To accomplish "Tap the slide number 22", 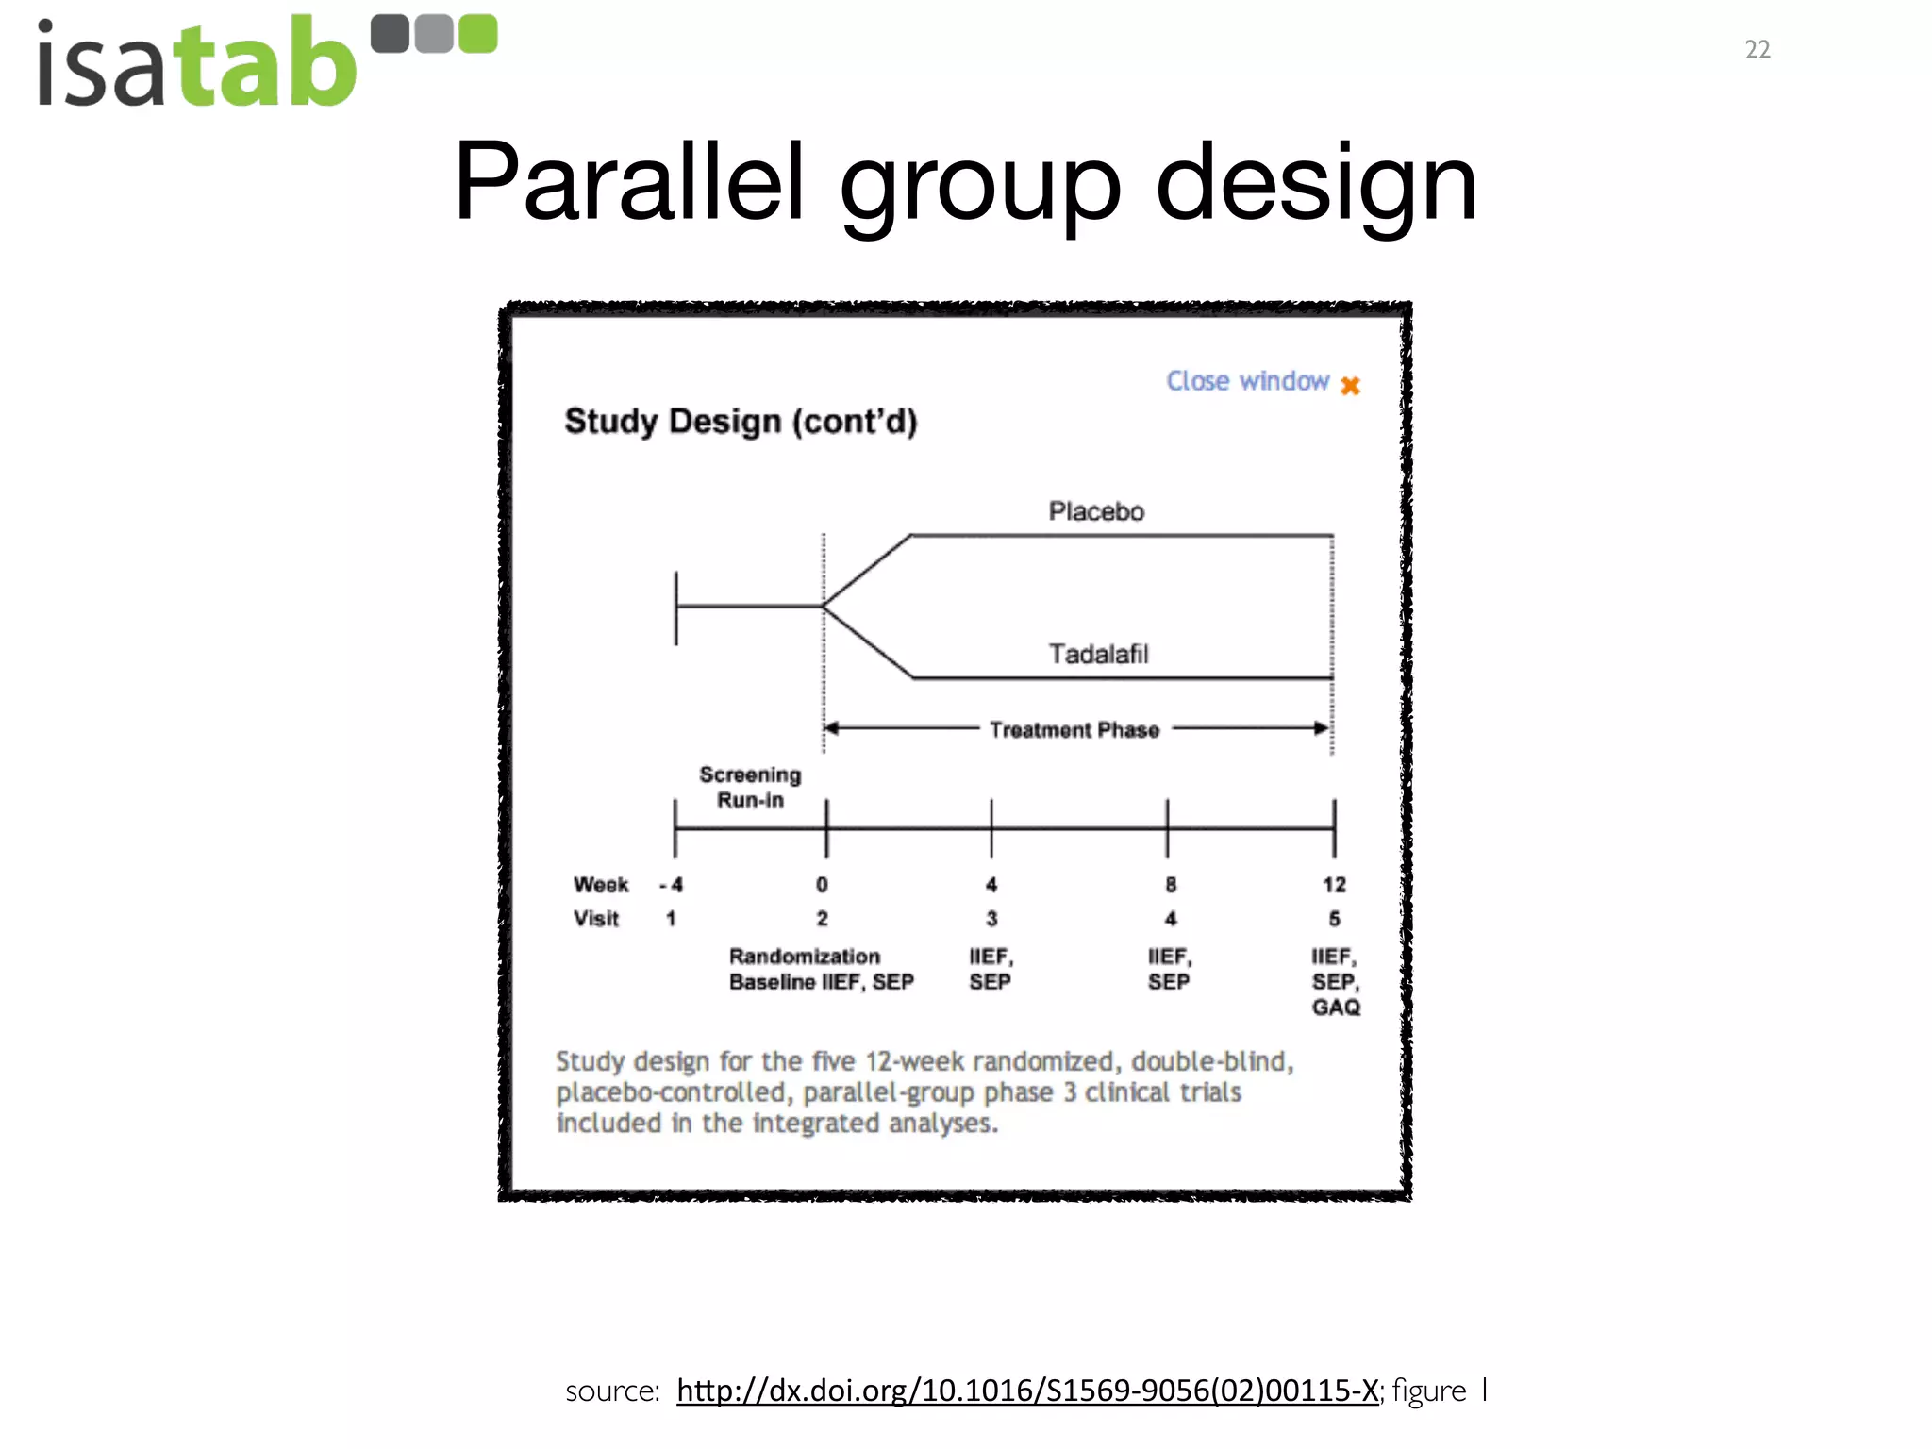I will [x=1757, y=50].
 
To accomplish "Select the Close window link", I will [x=1247, y=381].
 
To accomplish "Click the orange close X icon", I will [x=1350, y=386].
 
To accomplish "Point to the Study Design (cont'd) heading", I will [x=740, y=422].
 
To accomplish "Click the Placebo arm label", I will [x=1096, y=511].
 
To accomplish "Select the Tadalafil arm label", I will [x=1098, y=654].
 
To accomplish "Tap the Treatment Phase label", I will [x=1074, y=730].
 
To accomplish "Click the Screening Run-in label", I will [x=750, y=787].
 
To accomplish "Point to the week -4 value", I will [x=672, y=885].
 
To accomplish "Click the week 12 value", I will [x=1334, y=885].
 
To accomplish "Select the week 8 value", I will [x=1170, y=885].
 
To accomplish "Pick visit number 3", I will [x=991, y=919].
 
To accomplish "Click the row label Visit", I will [x=596, y=919].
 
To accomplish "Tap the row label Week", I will [x=600, y=885].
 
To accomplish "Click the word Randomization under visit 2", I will [x=804, y=957].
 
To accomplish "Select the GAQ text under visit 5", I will [x=1336, y=1008].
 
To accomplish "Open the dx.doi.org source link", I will [x=1027, y=1391].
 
